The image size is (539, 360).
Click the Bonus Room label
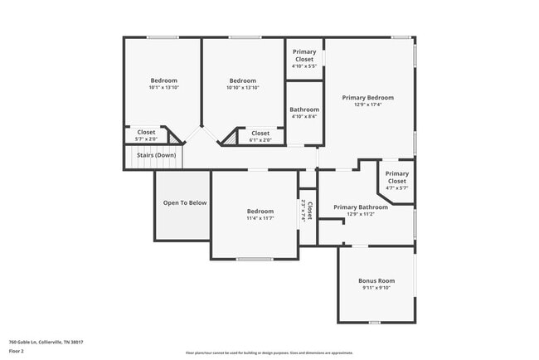[376, 280]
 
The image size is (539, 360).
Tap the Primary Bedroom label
[367, 97]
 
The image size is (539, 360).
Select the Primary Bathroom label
[361, 207]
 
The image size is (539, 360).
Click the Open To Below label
[184, 202]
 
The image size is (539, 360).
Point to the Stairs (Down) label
[155, 155]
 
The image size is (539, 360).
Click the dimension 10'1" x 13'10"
[163, 87]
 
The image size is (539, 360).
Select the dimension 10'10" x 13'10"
[243, 87]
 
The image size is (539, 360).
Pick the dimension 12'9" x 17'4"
[367, 105]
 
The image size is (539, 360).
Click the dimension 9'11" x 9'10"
[376, 288]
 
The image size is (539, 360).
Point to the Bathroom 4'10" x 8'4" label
[304, 113]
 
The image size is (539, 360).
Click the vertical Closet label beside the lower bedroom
[308, 212]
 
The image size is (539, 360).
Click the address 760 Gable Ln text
[46, 341]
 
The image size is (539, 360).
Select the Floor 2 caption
[17, 350]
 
